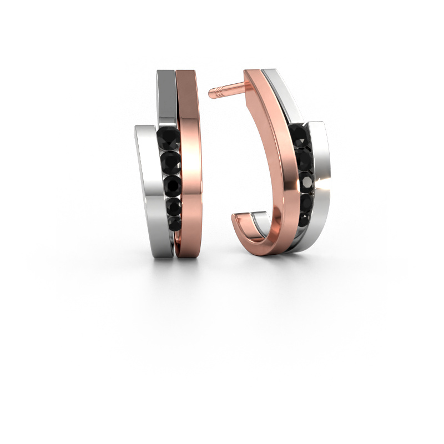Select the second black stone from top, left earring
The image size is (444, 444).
point(170,162)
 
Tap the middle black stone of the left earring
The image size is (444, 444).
point(171,184)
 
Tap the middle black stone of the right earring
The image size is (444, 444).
point(306,180)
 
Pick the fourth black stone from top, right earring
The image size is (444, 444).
point(305,201)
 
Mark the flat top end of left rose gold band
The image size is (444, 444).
point(186,73)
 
